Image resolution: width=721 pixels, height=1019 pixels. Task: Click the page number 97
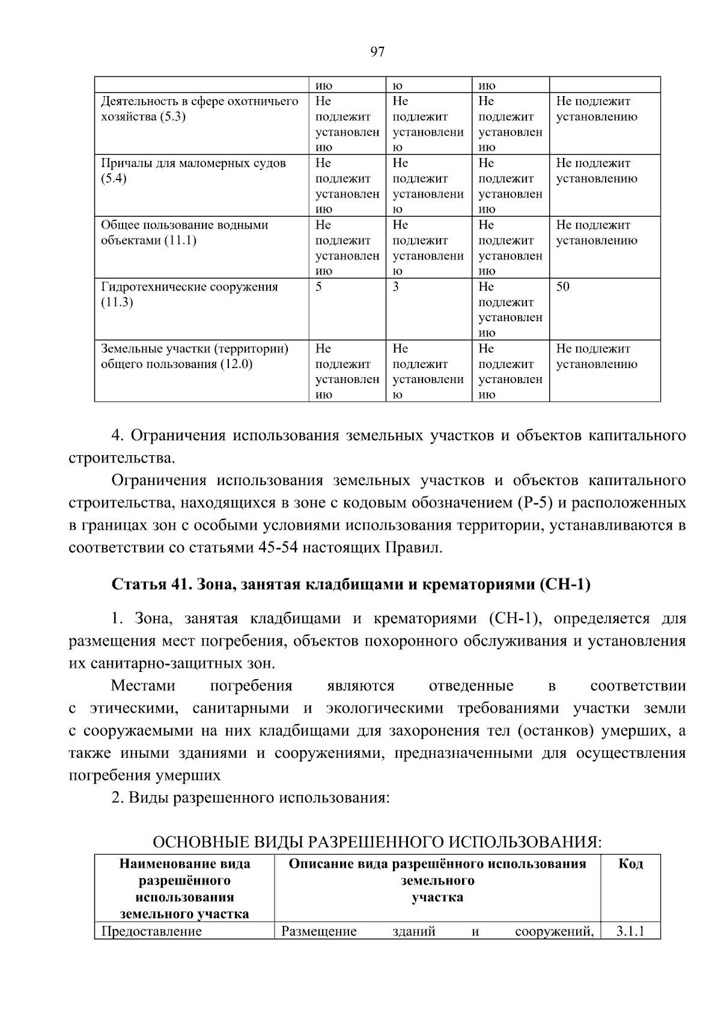(x=377, y=52)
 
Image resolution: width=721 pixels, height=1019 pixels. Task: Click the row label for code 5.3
(x=199, y=109)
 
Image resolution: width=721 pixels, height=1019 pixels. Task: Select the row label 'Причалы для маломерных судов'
(x=193, y=163)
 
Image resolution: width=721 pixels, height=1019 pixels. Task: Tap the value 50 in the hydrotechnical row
(x=563, y=287)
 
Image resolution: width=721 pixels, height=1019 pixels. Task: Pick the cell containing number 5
(x=319, y=287)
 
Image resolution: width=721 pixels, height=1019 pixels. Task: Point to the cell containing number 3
(x=396, y=287)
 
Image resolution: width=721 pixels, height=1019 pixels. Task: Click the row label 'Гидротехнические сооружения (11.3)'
(x=189, y=294)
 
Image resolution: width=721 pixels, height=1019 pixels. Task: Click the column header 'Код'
(x=630, y=864)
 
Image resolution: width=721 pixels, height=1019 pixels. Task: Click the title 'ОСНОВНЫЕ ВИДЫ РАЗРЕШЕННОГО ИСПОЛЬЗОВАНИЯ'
(x=377, y=842)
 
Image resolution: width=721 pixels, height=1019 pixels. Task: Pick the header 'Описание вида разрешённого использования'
(x=437, y=864)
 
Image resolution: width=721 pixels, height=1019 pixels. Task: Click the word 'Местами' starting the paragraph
(x=143, y=686)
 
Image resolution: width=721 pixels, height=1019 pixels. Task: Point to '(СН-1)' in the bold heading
(x=565, y=584)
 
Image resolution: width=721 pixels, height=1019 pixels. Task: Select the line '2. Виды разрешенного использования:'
(x=251, y=798)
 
